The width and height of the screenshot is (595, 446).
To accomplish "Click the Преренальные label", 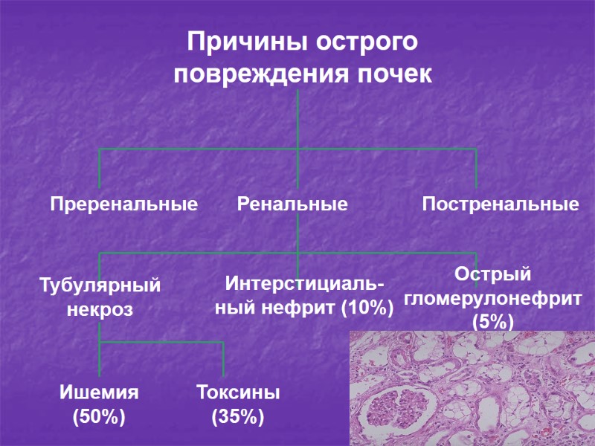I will (x=124, y=204).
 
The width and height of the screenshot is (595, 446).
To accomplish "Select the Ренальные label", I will (x=292, y=204).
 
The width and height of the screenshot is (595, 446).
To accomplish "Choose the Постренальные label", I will (x=501, y=204).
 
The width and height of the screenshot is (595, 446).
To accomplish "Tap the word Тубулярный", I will (x=100, y=285).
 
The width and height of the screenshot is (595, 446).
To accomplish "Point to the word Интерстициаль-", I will (x=305, y=284).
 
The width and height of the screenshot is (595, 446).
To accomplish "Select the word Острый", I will (x=493, y=274).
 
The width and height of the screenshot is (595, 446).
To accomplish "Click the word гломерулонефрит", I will (x=493, y=298).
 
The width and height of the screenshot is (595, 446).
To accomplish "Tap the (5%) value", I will (x=493, y=322).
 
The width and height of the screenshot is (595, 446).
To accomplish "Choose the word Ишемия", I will (x=99, y=392).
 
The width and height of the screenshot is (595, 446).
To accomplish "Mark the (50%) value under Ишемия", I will (x=99, y=417).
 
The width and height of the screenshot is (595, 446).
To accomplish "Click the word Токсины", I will (x=238, y=392).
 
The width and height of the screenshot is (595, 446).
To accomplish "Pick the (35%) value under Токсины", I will (x=238, y=417).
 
